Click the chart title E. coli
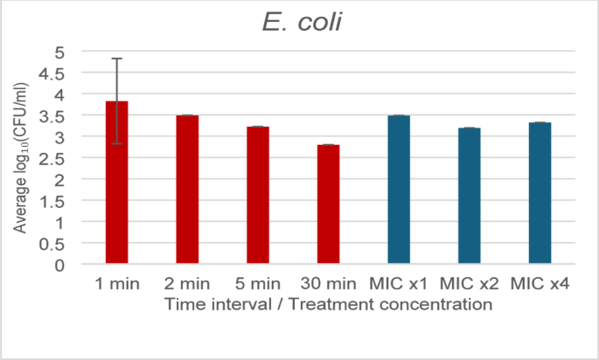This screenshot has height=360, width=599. [x=298, y=23]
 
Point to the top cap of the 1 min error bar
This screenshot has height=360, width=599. [x=116, y=59]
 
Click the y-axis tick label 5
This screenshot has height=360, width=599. [x=60, y=52]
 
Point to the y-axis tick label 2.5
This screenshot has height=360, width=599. [x=54, y=158]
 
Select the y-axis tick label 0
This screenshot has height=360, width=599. [x=60, y=265]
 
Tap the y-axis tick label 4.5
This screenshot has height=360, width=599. [x=54, y=73]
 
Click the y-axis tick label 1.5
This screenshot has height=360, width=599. [x=54, y=201]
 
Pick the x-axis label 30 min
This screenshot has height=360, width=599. [x=328, y=285]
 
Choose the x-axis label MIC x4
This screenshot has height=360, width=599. [x=540, y=285]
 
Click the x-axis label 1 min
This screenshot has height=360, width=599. [x=116, y=285]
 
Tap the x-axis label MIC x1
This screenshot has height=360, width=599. [x=399, y=285]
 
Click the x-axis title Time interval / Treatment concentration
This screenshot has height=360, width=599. [x=328, y=305]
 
